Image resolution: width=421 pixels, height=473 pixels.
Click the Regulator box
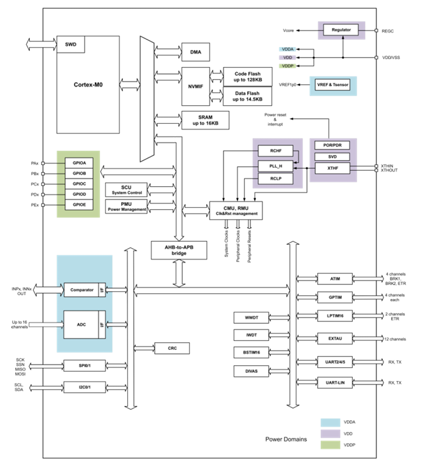click(341, 30)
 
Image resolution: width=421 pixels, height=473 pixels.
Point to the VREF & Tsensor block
click(332, 85)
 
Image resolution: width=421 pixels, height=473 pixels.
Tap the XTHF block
click(332, 168)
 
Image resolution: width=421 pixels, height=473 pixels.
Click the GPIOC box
click(79, 183)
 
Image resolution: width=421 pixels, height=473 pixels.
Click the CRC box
click(172, 348)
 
